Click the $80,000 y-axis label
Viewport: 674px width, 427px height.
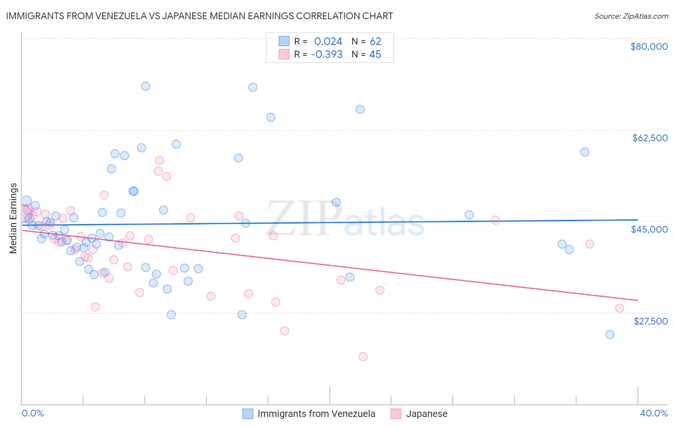tap(649, 46)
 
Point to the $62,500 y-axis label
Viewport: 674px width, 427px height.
tap(650, 138)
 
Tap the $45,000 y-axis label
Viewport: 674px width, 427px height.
tap(649, 229)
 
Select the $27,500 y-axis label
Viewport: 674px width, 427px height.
tap(651, 321)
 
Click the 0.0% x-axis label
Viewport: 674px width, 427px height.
tap(33, 413)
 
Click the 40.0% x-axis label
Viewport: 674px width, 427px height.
tap(654, 413)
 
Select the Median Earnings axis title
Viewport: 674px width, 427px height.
tap(13, 218)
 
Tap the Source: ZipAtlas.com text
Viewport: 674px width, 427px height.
tap(631, 16)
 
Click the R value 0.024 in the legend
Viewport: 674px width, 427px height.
tap(328, 41)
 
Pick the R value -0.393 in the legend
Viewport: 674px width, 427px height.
tap(326, 55)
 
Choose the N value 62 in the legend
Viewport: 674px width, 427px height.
tap(375, 41)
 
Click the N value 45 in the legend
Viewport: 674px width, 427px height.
tap(375, 55)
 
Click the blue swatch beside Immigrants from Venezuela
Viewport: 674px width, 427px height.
tap(247, 414)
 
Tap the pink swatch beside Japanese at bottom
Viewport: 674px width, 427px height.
tap(396, 414)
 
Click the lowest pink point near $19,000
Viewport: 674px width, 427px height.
tap(363, 357)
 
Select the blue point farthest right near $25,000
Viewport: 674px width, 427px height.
tap(610, 335)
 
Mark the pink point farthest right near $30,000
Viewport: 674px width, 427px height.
tap(619, 308)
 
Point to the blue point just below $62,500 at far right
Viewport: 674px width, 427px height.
tap(584, 152)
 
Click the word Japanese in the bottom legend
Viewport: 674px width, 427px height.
tap(427, 414)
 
